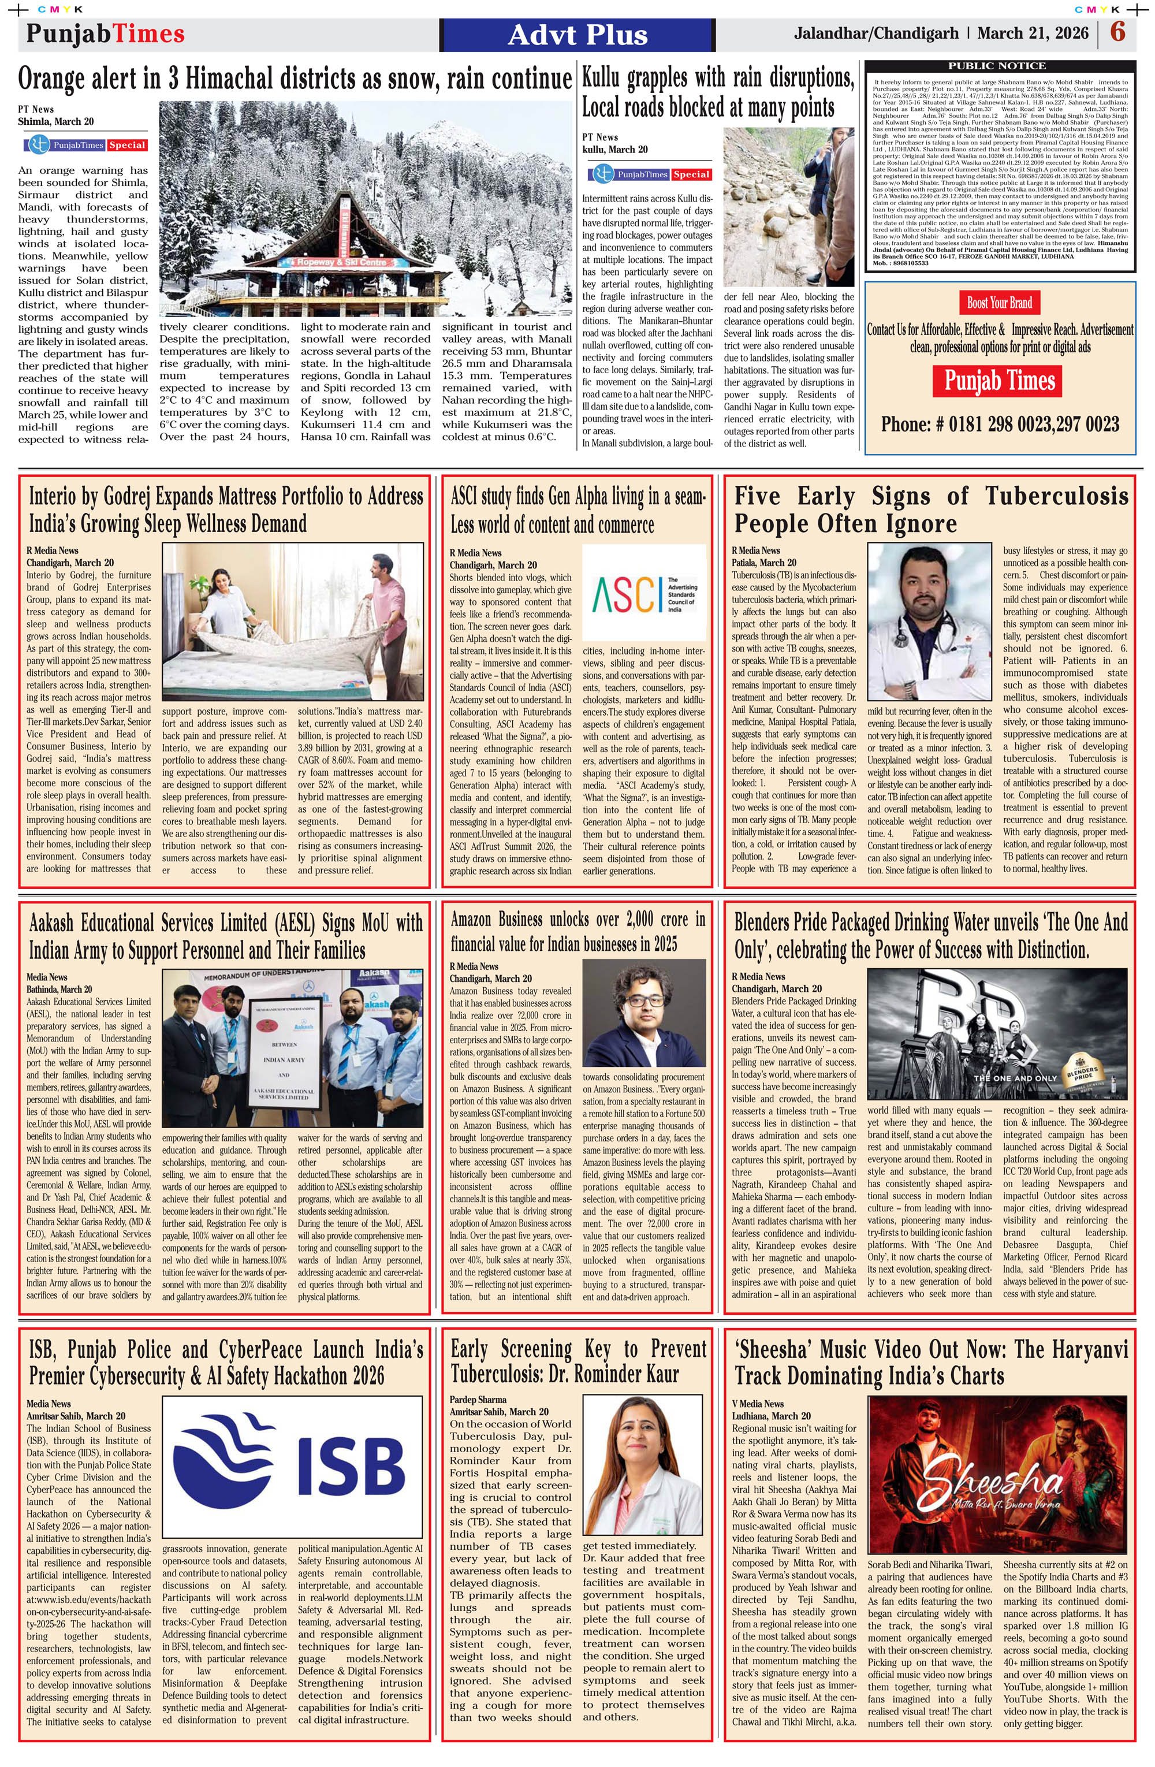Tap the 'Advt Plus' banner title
(x=577, y=35)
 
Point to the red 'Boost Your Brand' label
(x=999, y=302)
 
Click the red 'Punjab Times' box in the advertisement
(x=999, y=381)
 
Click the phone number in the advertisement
(x=999, y=424)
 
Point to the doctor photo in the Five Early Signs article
(x=929, y=622)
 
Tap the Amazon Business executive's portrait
(x=643, y=1013)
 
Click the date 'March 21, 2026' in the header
(x=1033, y=34)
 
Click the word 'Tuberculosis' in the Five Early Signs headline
(x=1056, y=496)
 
